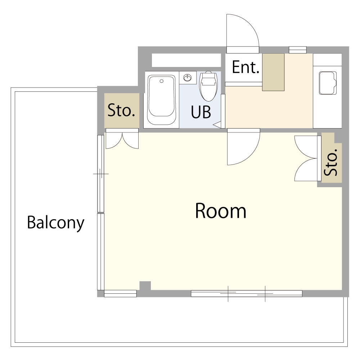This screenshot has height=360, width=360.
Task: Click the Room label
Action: point(220,211)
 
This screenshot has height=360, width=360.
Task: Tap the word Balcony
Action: point(55,223)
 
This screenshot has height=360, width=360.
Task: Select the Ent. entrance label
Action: point(246,67)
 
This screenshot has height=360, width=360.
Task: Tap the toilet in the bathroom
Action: point(208,86)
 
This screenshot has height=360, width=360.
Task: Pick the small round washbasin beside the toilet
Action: point(188,77)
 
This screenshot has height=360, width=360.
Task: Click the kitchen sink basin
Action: point(327,83)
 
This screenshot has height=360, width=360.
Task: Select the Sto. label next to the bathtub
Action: point(122,111)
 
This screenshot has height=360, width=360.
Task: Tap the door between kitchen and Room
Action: point(243,147)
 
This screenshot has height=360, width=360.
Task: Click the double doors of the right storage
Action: point(306,158)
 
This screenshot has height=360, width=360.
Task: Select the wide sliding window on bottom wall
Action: point(246,294)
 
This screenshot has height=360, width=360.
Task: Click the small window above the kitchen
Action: point(298,49)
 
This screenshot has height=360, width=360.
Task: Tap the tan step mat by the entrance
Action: point(273,72)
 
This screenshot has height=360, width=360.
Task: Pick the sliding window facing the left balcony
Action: point(101,212)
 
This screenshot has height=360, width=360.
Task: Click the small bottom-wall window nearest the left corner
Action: point(120,294)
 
